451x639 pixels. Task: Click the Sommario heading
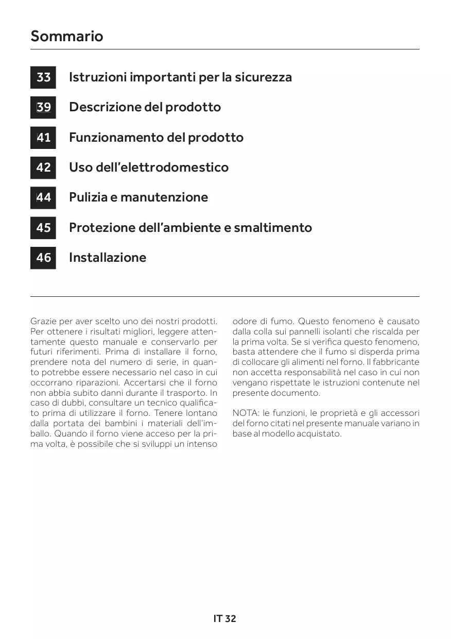(66, 36)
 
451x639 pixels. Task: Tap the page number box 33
(43, 77)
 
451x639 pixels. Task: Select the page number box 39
(43, 107)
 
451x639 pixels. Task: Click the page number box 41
(43, 138)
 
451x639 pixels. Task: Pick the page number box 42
(43, 167)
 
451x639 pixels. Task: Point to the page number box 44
(43, 197)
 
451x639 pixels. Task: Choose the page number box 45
(43, 227)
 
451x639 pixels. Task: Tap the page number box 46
(43, 257)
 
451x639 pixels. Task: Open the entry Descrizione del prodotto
(145, 107)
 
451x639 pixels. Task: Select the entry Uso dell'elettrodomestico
(148, 167)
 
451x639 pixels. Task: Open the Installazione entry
(107, 257)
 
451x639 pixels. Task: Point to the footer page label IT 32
(225, 618)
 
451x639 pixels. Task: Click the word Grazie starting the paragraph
(42, 321)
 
